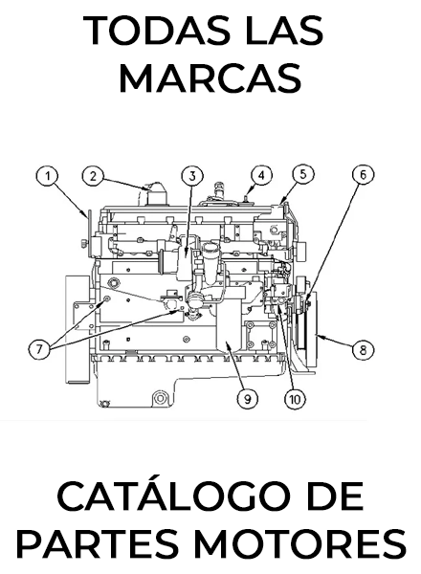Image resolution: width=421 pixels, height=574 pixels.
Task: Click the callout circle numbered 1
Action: pyautogui.click(x=48, y=176)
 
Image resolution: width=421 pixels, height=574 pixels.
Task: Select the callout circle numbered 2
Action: pyautogui.click(x=93, y=176)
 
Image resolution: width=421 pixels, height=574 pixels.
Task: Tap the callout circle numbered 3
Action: pyautogui.click(x=192, y=176)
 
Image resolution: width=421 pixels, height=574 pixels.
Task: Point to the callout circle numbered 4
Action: pyautogui.click(x=261, y=176)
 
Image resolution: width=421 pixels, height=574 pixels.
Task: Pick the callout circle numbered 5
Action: pyautogui.click(x=303, y=175)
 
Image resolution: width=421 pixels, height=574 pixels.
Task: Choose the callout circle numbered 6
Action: pyautogui.click(x=363, y=175)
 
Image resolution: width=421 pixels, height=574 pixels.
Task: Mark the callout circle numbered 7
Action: pyautogui.click(x=39, y=348)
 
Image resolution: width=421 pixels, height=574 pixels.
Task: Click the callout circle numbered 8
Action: pyautogui.click(x=363, y=350)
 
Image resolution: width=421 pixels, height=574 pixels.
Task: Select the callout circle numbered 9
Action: pyautogui.click(x=248, y=399)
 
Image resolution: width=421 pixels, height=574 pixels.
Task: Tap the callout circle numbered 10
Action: pyautogui.click(x=295, y=399)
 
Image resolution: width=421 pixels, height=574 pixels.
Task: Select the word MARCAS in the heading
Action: pyautogui.click(x=210, y=78)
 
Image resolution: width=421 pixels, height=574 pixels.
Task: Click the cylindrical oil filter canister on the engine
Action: pyautogui.click(x=210, y=264)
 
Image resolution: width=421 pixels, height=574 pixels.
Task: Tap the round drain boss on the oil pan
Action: pyautogui.click(x=160, y=398)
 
